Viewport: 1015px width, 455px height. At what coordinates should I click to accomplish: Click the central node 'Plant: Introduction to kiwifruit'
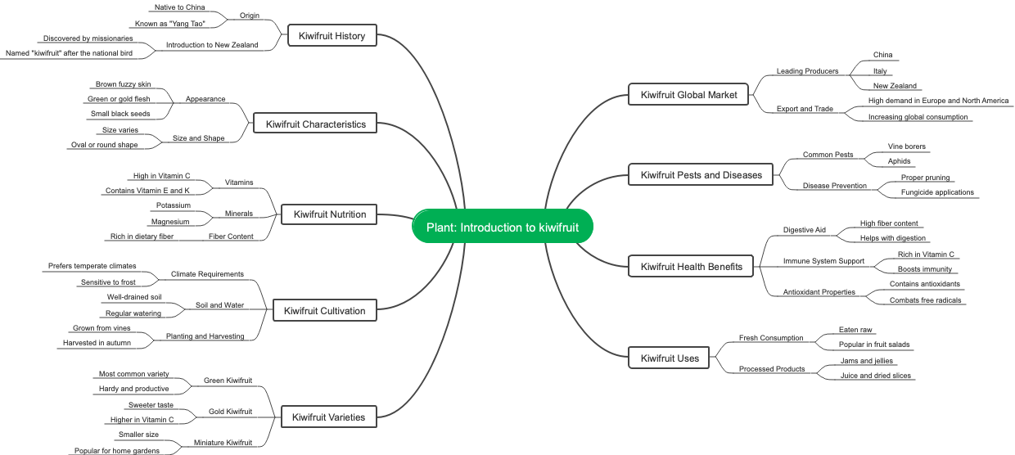coord(502,227)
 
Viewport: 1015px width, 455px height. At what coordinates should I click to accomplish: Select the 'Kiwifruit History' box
coord(332,35)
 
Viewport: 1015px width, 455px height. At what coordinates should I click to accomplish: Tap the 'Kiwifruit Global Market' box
coord(688,94)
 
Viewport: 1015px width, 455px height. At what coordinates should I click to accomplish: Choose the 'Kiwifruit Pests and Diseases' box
coord(701,174)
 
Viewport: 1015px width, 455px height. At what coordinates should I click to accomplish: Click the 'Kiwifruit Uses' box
coord(670,358)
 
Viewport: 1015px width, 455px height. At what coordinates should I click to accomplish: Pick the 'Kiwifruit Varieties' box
coord(328,417)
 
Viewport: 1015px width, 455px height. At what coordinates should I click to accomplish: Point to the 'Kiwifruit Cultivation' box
coord(324,310)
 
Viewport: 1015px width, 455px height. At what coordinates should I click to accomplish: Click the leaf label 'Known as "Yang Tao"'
coord(169,24)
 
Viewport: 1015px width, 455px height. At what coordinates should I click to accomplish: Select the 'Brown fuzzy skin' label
coord(123,84)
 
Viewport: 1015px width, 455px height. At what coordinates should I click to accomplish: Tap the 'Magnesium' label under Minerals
coord(170,222)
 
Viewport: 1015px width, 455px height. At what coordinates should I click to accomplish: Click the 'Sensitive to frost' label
coord(108,282)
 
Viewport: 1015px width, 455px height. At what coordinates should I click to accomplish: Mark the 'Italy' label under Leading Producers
coord(880,71)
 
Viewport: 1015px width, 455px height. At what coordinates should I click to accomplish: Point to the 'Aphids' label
coord(899,161)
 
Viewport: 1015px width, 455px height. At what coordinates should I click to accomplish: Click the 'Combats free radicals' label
coord(926,300)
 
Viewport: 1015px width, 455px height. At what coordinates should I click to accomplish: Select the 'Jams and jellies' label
coord(867,361)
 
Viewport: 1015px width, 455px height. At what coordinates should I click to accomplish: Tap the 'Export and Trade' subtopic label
coord(805,109)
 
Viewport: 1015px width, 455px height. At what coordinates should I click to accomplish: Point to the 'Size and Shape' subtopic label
coord(198,138)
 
